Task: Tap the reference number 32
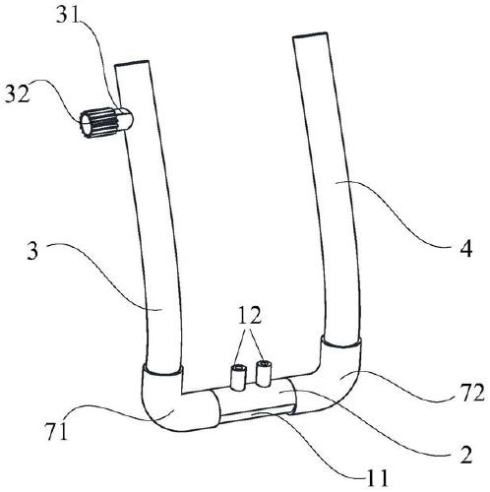point(17,95)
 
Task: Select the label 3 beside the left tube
point(32,252)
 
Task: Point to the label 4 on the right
point(465,248)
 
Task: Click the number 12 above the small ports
point(250,315)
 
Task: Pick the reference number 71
point(56,431)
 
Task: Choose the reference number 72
point(472,393)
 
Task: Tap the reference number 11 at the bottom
point(378,478)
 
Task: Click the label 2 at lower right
point(465,455)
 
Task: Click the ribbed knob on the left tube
point(97,122)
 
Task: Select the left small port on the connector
point(238,378)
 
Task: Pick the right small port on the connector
point(264,373)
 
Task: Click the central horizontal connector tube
point(254,400)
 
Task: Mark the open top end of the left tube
point(132,63)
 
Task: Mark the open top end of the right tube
point(310,34)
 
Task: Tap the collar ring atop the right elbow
point(341,343)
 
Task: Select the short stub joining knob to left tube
point(125,120)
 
